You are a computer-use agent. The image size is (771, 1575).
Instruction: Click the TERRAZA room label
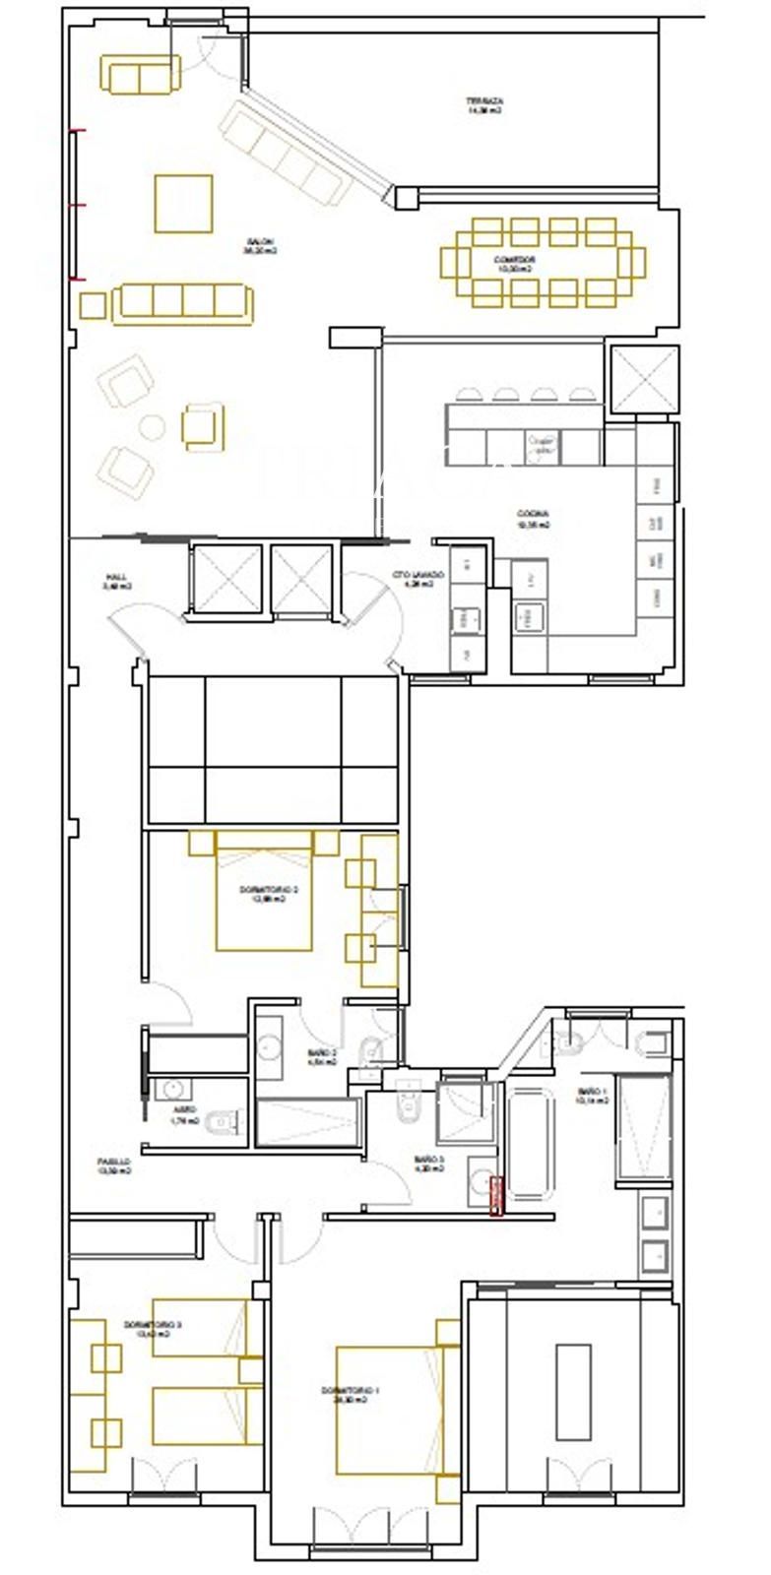pos(484,105)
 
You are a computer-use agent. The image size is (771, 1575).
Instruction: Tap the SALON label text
pos(261,246)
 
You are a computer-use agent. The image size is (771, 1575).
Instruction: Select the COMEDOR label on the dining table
pos(513,263)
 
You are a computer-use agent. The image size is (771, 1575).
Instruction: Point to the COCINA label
pos(533,519)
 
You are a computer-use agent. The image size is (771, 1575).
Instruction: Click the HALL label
pos(117,581)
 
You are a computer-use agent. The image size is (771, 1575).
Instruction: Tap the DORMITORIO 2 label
pos(268,893)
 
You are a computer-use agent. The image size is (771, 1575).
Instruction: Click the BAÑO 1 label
pos(592,1096)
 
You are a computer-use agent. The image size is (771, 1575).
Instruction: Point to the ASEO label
pos(184,1114)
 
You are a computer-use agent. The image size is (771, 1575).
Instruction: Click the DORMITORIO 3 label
pos(153,1329)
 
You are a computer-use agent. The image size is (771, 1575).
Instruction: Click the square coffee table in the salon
pos(183,204)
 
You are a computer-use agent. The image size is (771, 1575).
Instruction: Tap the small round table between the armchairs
pos(152,427)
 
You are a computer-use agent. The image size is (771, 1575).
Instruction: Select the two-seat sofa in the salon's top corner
pos(140,74)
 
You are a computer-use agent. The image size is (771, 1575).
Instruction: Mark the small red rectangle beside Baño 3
pos(496,1196)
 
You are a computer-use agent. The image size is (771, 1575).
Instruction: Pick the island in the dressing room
pos(573,1391)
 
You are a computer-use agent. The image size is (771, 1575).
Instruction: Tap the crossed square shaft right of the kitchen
pos(644,379)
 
